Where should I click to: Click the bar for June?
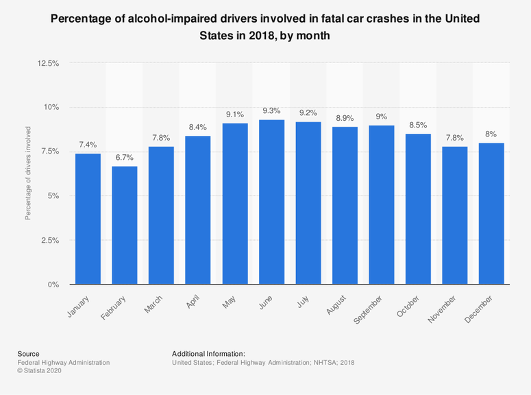271,202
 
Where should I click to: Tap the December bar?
491,213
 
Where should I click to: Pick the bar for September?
382,205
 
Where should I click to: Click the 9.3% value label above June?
271,110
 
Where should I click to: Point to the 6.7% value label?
125,157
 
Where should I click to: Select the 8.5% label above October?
418,125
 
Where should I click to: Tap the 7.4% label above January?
88,145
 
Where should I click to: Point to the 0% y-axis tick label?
53,285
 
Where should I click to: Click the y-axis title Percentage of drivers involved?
28,172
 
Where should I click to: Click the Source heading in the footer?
28,354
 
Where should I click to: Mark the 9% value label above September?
382,117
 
